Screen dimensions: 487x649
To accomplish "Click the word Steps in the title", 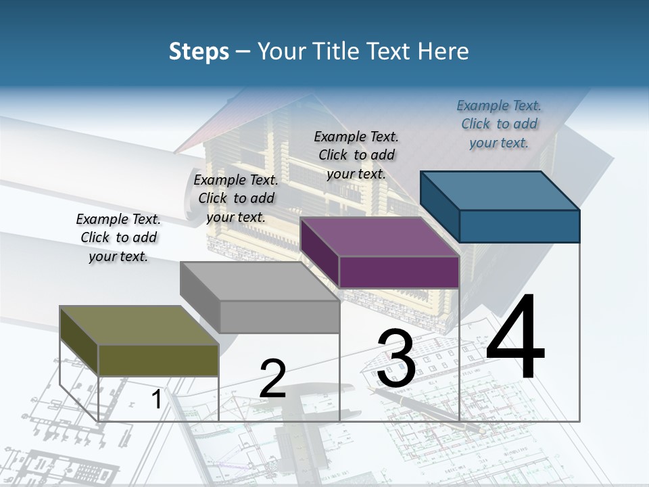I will (198, 51).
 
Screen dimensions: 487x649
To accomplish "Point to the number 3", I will (396, 358).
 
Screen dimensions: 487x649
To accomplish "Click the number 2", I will (272, 379).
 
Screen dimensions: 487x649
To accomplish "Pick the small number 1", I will (156, 400).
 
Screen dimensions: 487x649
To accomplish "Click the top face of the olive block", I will (139, 325).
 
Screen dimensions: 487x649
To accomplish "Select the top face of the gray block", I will (260, 281).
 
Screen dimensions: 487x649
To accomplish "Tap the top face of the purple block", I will (379, 237).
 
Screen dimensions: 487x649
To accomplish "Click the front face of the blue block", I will (519, 226).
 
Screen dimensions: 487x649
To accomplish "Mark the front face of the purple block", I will (399, 272).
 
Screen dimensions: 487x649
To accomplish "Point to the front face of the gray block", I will (279, 317).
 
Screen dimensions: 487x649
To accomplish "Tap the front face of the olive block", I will (158, 360).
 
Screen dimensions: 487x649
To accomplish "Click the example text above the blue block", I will (499, 124).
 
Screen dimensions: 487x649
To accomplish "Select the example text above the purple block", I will (356, 155).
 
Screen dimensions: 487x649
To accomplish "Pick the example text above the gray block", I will (236, 198).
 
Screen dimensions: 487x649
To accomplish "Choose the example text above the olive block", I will (118, 237).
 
